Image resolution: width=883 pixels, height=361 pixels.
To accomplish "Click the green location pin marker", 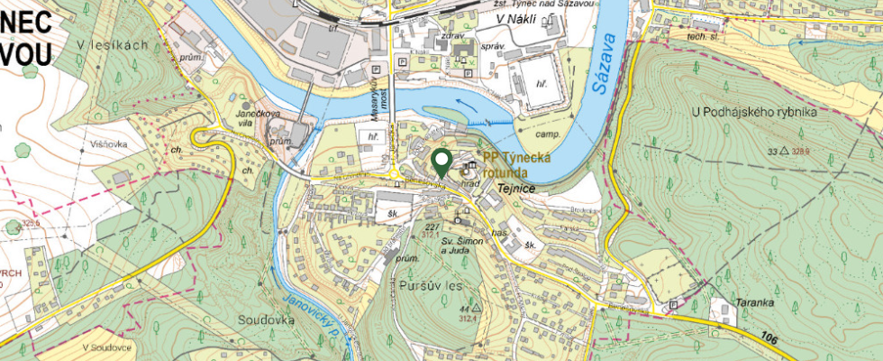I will [x=441, y=162].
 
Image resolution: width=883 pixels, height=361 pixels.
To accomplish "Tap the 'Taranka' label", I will [x=755, y=302].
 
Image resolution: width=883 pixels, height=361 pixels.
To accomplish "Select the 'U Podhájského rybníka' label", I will [x=753, y=112].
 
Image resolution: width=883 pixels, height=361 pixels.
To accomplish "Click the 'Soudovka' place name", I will [x=267, y=319].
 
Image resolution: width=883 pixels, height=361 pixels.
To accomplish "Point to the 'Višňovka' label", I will [x=107, y=142].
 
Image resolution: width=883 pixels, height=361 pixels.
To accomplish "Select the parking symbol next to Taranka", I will [x=672, y=305].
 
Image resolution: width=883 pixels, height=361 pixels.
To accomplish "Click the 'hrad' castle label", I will [x=469, y=182].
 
